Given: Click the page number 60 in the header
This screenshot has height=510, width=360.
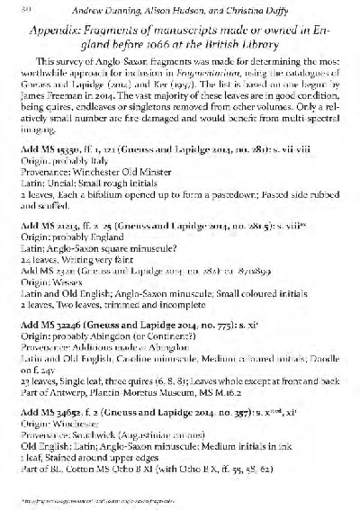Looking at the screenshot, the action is coord(25,10).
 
